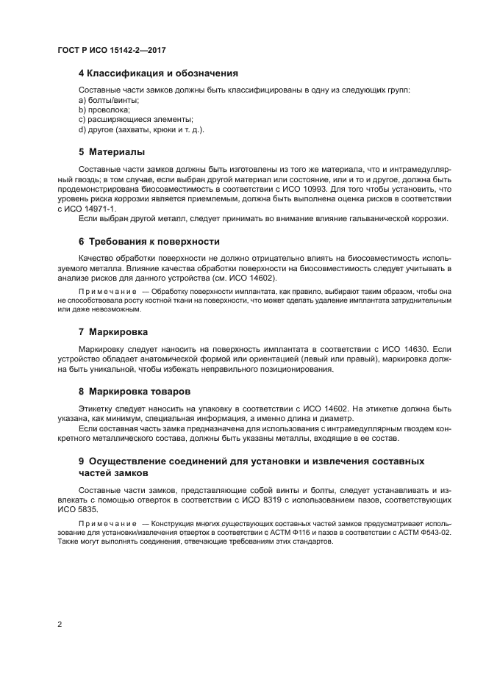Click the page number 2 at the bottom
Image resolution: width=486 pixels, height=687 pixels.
coord(60,624)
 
